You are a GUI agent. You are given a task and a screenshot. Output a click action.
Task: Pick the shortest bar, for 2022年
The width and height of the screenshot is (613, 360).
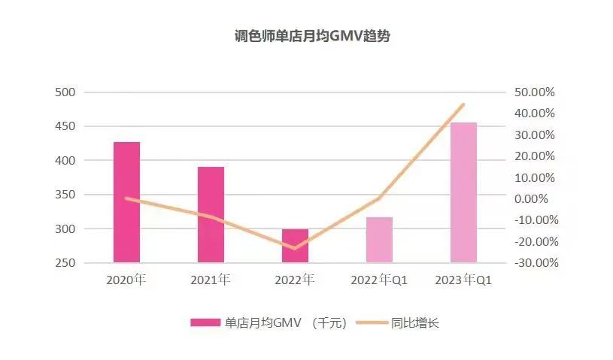(295, 246)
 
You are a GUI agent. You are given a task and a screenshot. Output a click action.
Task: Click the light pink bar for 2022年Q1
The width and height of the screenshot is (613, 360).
(379, 240)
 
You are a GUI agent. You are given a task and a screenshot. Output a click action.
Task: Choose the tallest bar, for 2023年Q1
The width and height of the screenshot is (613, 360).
(463, 192)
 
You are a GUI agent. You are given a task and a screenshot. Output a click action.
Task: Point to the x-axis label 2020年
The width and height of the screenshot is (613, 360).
(126, 280)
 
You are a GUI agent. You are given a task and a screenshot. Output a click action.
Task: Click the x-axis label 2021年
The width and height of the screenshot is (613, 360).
(211, 280)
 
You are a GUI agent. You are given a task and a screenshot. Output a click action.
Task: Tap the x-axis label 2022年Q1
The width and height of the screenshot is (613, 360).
(379, 280)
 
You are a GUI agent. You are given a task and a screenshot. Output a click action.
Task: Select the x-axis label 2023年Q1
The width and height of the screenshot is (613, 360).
(463, 280)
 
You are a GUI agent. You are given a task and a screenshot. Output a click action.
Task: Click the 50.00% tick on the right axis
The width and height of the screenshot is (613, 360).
(534, 92)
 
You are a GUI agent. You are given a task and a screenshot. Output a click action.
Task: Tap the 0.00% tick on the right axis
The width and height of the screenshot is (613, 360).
(536, 199)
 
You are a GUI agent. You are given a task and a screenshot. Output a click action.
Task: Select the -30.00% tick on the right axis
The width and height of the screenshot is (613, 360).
(534, 263)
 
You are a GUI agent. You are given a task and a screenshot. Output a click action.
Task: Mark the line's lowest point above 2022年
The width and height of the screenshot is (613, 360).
(295, 248)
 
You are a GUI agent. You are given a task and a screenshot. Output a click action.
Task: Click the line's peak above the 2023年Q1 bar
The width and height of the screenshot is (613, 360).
(463, 104)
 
